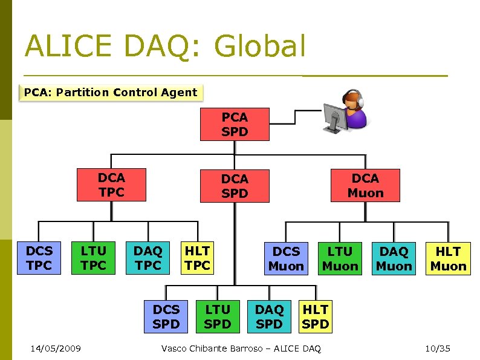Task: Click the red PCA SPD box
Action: coord(235,124)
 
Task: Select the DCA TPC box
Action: coord(111,185)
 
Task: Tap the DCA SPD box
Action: coord(235,186)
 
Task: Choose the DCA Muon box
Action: coord(365,185)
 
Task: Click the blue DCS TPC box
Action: coord(39,258)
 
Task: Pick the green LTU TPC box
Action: coord(94,258)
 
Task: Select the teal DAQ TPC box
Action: coord(148,258)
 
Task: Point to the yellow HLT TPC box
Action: coord(198,258)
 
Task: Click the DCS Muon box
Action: coord(286,258)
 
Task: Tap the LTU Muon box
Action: coord(340,258)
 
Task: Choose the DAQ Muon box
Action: coord(394,258)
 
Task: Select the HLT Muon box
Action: coord(448,258)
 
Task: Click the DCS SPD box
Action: coord(166,316)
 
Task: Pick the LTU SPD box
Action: coord(218,316)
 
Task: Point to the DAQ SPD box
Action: coord(269,316)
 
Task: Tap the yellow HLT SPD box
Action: coord(315,316)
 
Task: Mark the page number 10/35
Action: coord(438,349)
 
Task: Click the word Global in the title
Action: coord(260,47)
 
